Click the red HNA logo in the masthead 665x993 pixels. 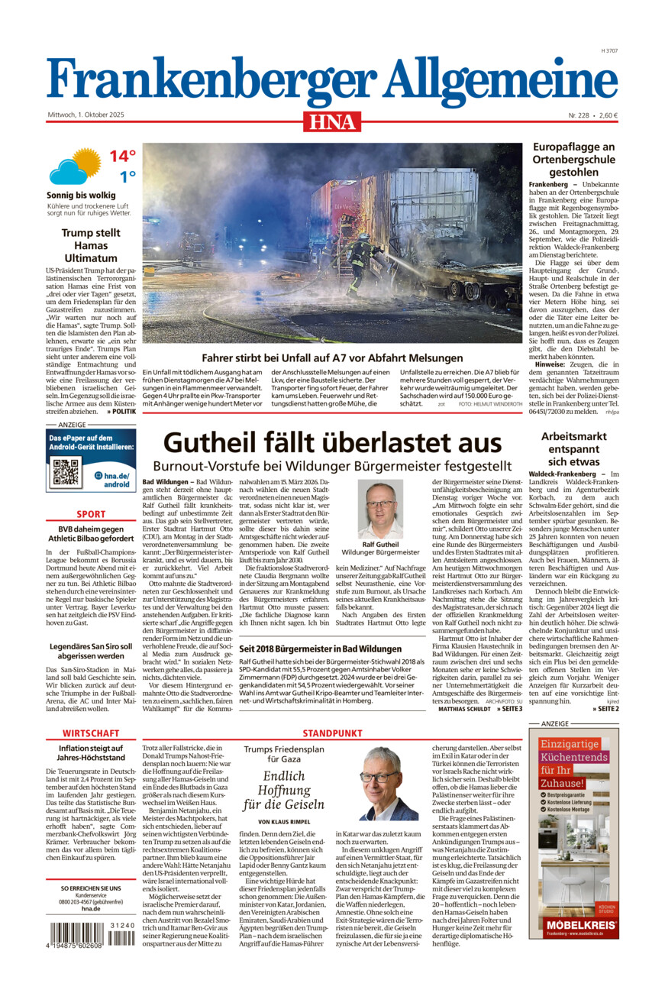click(x=332, y=120)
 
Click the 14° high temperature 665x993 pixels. click(x=121, y=157)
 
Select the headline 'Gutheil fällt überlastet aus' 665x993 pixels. click(x=332, y=443)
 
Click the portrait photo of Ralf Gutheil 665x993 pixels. click(x=380, y=509)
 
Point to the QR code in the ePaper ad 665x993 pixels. click(x=66, y=474)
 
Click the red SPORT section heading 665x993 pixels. click(x=92, y=514)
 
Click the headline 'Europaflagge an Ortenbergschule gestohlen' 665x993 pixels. click(x=573, y=159)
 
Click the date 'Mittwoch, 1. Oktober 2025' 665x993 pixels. click(x=86, y=115)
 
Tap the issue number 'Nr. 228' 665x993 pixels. click(x=579, y=115)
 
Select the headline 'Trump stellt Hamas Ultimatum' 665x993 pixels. click(x=92, y=239)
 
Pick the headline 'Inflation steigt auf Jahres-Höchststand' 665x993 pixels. click(x=92, y=759)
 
